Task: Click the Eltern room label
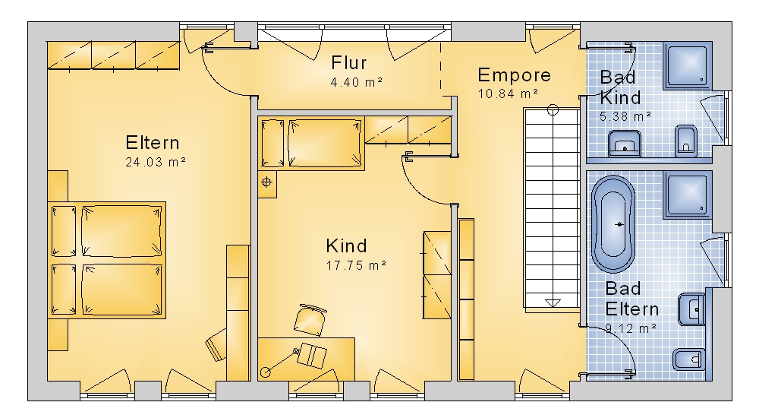pos(153,143)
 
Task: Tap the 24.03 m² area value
pos(156,162)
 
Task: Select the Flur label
pos(349,63)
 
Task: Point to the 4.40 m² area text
pos(357,82)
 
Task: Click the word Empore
pos(514,75)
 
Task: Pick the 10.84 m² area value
pos(509,93)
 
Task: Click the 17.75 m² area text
pos(356,265)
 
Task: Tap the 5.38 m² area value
pos(625,116)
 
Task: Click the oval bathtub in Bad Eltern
pos(613,224)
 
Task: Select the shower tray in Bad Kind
pos(688,66)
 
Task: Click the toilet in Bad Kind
pos(686,141)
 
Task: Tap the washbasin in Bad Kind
pos(625,144)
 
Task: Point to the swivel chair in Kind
pos(310,319)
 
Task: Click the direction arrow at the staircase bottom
pos(553,303)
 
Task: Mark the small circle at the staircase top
pos(553,110)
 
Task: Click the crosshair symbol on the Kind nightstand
pos(266,182)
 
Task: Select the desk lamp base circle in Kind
pos(265,372)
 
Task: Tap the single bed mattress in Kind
pos(324,144)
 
